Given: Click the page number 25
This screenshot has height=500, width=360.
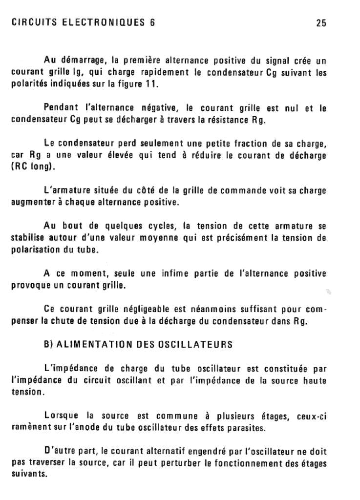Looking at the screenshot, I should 321,23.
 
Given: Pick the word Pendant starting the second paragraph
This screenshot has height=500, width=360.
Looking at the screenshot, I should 60,108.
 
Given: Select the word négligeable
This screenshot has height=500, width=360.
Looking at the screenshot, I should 146,310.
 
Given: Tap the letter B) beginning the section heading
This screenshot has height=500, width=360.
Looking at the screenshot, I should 48,345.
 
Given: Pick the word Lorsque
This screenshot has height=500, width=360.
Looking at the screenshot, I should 61,417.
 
